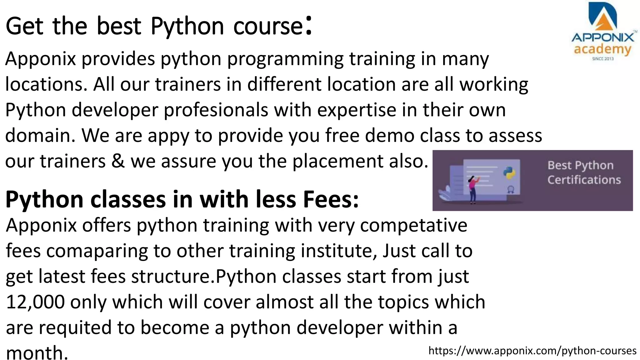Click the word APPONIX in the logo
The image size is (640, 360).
click(603, 38)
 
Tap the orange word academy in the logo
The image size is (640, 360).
click(602, 49)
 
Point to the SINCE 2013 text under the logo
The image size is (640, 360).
click(603, 59)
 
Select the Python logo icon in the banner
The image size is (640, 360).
click(509, 173)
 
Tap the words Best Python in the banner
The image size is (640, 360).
click(580, 165)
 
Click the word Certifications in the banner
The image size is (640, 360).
click(584, 180)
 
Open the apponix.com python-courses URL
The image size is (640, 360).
click(532, 351)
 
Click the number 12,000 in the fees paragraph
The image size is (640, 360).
click(35, 302)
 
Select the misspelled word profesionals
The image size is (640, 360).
click(216, 110)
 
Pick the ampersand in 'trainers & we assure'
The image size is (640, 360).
click(118, 161)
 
